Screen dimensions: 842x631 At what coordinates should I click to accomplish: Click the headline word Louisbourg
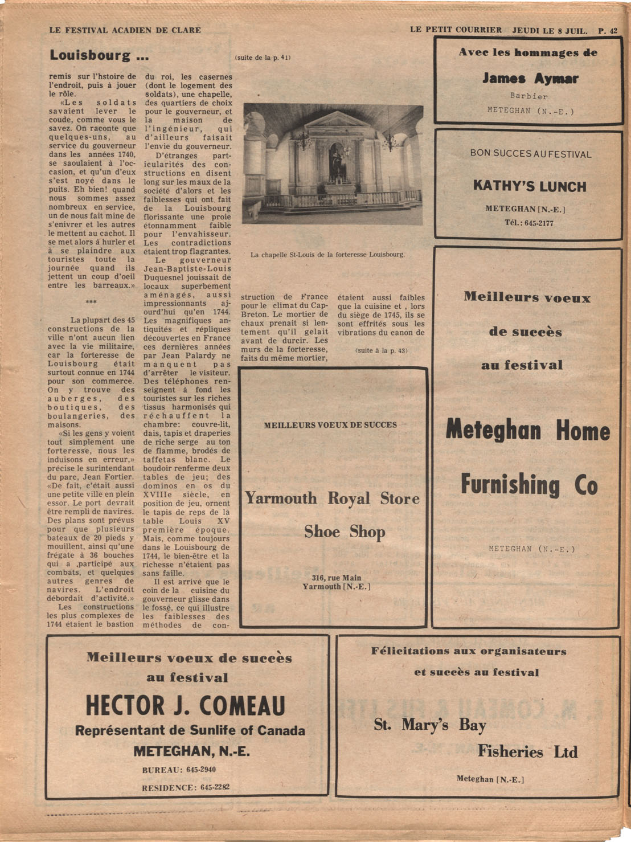click(90, 55)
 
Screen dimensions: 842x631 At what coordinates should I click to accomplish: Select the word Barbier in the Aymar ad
click(528, 96)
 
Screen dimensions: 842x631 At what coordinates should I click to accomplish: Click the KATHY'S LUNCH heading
click(529, 186)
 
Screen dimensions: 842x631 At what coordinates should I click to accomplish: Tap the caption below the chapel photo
click(327, 255)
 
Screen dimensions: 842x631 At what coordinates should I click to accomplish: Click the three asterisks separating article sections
click(91, 303)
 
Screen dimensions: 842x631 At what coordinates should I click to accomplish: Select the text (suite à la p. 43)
click(381, 350)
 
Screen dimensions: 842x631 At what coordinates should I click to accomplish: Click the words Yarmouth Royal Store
click(332, 499)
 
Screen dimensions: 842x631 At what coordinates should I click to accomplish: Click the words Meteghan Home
click(527, 430)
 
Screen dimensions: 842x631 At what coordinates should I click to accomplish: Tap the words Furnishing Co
click(528, 485)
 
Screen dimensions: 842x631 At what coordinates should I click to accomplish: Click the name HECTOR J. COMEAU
click(185, 706)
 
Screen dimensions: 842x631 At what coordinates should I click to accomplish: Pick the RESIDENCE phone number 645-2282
click(215, 788)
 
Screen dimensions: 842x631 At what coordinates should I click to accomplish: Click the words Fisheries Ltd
click(527, 752)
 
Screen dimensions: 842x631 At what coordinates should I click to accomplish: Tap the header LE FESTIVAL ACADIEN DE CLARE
click(125, 30)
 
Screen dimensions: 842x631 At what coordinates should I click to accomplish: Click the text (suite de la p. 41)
click(263, 58)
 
